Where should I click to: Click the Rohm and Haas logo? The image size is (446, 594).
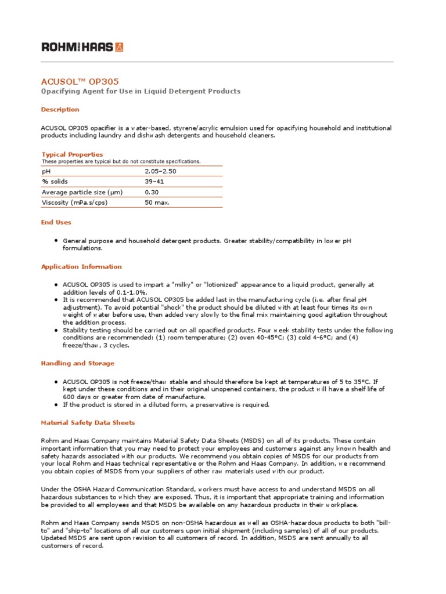click(x=82, y=47)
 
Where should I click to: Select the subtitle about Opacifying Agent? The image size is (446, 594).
click(x=140, y=92)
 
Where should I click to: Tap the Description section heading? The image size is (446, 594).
click(x=60, y=110)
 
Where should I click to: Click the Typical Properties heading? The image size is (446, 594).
click(x=72, y=154)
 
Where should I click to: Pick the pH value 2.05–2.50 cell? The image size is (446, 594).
click(x=160, y=172)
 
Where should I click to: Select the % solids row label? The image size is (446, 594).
click(x=55, y=182)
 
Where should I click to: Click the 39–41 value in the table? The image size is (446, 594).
click(x=153, y=182)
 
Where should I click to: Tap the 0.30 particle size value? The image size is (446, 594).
click(x=151, y=192)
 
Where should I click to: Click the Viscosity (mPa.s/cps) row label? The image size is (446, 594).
click(x=74, y=202)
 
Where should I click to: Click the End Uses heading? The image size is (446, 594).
click(x=56, y=222)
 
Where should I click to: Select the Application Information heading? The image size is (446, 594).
click(x=81, y=267)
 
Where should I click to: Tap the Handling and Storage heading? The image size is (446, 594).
click(x=77, y=363)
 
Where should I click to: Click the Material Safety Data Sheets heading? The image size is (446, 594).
click(x=88, y=423)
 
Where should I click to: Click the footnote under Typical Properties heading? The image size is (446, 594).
click(x=121, y=161)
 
